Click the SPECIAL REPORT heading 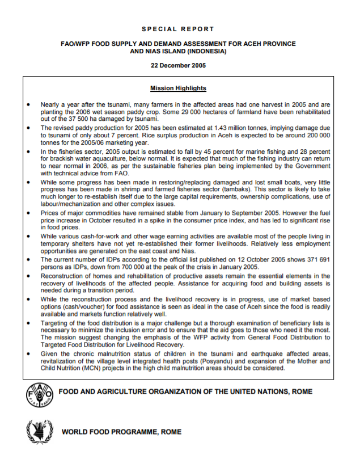click(178, 28)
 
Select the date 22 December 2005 click(178, 65)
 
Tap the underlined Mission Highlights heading click(178, 89)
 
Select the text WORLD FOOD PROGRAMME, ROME click(122, 432)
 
